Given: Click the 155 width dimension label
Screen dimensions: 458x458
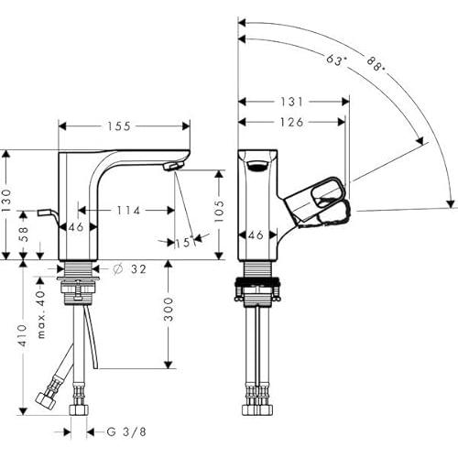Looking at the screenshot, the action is tap(119, 126).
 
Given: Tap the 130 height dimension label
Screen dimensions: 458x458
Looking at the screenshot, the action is tap(6, 201).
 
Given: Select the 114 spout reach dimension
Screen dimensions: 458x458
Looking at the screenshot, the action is tap(128, 211).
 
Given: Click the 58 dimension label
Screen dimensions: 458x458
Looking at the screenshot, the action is tap(24, 234).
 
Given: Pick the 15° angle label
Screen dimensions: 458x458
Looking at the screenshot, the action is tap(185, 242).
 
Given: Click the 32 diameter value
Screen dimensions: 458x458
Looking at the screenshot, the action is tap(139, 269).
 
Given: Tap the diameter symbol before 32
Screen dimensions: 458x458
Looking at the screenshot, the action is tap(117, 269).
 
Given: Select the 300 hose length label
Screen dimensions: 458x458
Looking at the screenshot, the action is tap(169, 310).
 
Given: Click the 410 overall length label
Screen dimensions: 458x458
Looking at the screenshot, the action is tap(23, 335).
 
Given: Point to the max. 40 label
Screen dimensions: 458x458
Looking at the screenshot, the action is tap(41, 314).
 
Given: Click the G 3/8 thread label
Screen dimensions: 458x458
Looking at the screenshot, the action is tap(126, 431).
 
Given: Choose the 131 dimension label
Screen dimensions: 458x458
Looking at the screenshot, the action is tap(291, 102).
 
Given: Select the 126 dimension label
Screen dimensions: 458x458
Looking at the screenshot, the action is tap(292, 122).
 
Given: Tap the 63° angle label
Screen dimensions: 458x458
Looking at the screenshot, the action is tap(336, 60).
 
